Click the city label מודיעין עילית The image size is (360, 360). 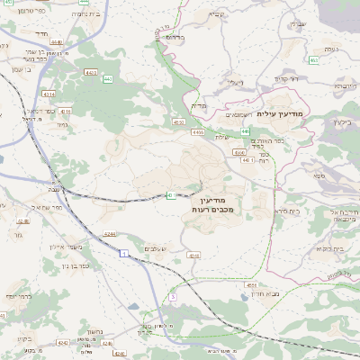281,113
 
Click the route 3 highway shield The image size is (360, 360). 172,296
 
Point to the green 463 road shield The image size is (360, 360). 314,60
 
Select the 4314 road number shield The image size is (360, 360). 49,93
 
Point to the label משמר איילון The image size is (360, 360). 67,253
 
